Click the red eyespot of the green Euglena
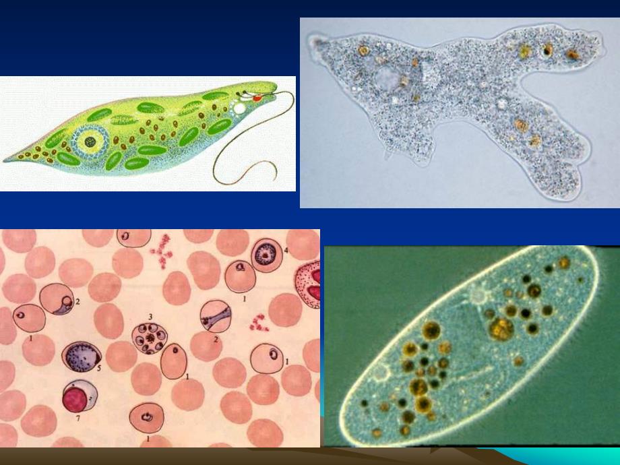[256, 98]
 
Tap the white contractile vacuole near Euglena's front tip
[239, 107]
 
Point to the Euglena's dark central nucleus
[90, 142]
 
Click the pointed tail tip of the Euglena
[5, 161]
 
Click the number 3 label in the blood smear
[151, 316]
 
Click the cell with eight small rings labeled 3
[150, 337]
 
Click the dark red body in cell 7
[76, 399]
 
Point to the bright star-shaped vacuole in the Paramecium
[478, 294]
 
